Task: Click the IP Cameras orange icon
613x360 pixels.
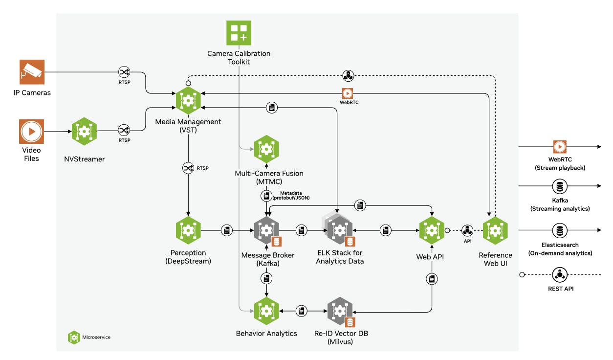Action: pos(32,72)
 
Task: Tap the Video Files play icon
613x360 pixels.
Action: pos(32,132)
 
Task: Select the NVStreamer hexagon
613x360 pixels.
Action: pos(84,131)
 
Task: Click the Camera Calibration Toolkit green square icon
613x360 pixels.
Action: pos(239,33)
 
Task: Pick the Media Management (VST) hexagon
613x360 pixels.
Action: pos(188,100)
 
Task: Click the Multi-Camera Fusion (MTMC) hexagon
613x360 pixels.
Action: pos(266,149)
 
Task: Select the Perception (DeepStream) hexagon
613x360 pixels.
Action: pos(188,230)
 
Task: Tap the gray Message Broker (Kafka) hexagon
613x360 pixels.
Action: pos(266,230)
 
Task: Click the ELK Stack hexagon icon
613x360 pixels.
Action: pos(340,230)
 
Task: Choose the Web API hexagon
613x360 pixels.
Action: pos(432,230)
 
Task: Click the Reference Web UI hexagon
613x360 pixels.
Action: pos(495,230)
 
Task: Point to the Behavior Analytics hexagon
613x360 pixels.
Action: pos(266,311)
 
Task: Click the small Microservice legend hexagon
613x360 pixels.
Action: pos(74,337)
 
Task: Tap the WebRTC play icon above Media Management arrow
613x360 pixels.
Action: pos(347,93)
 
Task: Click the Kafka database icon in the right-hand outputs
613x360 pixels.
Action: pos(559,186)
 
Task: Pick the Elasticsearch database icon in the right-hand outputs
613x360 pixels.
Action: pos(559,230)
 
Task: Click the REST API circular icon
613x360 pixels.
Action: pos(559,274)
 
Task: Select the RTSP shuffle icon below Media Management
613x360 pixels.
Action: pos(188,168)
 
